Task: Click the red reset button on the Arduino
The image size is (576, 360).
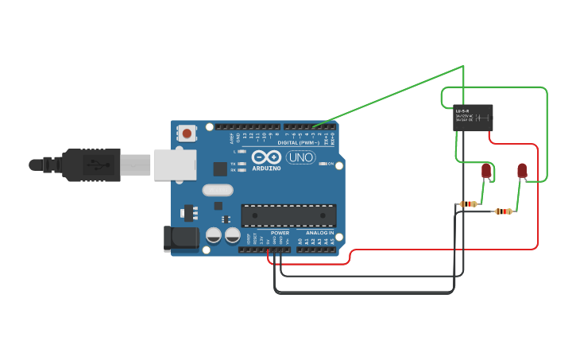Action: (x=187, y=134)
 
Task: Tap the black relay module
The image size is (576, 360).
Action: (x=473, y=118)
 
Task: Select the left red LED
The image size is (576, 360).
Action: (x=486, y=170)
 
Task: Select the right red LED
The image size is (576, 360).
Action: (x=522, y=170)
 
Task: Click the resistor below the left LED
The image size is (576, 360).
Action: (x=469, y=204)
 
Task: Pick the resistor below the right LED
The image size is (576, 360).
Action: (x=504, y=211)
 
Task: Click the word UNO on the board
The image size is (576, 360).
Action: (x=300, y=157)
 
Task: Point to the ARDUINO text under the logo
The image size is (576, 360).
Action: (x=268, y=168)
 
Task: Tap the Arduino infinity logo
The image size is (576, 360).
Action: (x=268, y=157)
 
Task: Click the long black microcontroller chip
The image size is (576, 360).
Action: (x=288, y=215)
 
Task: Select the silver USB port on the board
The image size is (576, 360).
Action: (x=175, y=165)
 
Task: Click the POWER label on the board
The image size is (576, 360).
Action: (x=280, y=233)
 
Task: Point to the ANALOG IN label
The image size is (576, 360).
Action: (x=320, y=233)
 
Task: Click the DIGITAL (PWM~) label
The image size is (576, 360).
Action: (x=299, y=142)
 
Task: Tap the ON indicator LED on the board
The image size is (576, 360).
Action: (x=322, y=164)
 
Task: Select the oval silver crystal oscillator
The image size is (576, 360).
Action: (x=217, y=190)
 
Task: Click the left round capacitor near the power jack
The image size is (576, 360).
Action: (x=213, y=235)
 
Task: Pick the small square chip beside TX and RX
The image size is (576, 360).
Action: (x=220, y=168)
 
